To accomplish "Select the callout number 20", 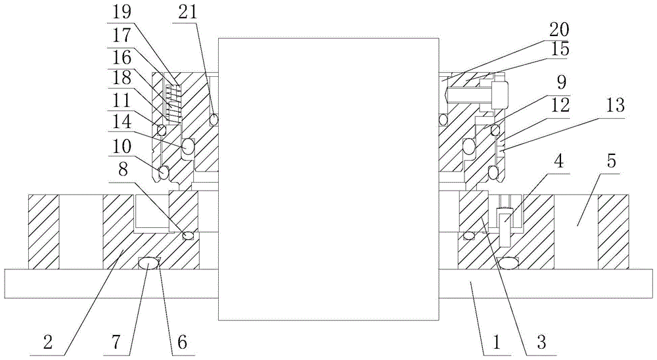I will pyautogui.click(x=560, y=29).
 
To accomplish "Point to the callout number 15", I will pyautogui.click(x=560, y=49).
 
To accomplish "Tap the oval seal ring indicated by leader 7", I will pyautogui.click(x=150, y=263).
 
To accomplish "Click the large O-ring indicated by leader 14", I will pyautogui.click(x=188, y=146).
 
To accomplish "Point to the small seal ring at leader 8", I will pyautogui.click(x=189, y=235).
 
